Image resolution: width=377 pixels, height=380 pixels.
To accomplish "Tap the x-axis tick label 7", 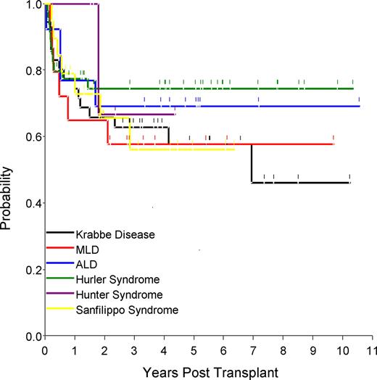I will pyautogui.click(x=252, y=347).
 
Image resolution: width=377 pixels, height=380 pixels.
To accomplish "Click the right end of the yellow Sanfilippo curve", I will pyautogui.click(x=234, y=149).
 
